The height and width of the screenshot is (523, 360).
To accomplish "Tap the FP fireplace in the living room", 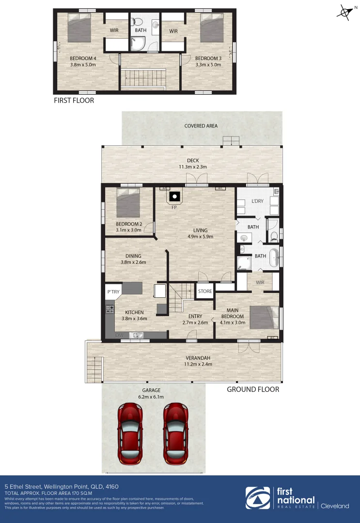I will (174, 197).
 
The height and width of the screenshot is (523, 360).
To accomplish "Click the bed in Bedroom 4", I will (79, 29).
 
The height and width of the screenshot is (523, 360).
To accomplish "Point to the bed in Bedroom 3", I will (211, 29).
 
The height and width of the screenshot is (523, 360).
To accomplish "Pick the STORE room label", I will (205, 292).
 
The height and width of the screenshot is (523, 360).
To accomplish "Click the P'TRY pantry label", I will (113, 292).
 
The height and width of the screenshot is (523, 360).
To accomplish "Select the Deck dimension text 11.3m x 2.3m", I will (193, 167).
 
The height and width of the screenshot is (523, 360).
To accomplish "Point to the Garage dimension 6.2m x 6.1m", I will (151, 397).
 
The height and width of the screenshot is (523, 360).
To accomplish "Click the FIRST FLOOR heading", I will (74, 101).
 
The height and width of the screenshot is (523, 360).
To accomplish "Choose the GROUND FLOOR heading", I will (253, 389).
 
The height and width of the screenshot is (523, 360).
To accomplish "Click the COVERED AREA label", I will (201, 126).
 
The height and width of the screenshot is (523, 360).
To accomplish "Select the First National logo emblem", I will (257, 498).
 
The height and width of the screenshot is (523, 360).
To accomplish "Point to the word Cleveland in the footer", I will (335, 506).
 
